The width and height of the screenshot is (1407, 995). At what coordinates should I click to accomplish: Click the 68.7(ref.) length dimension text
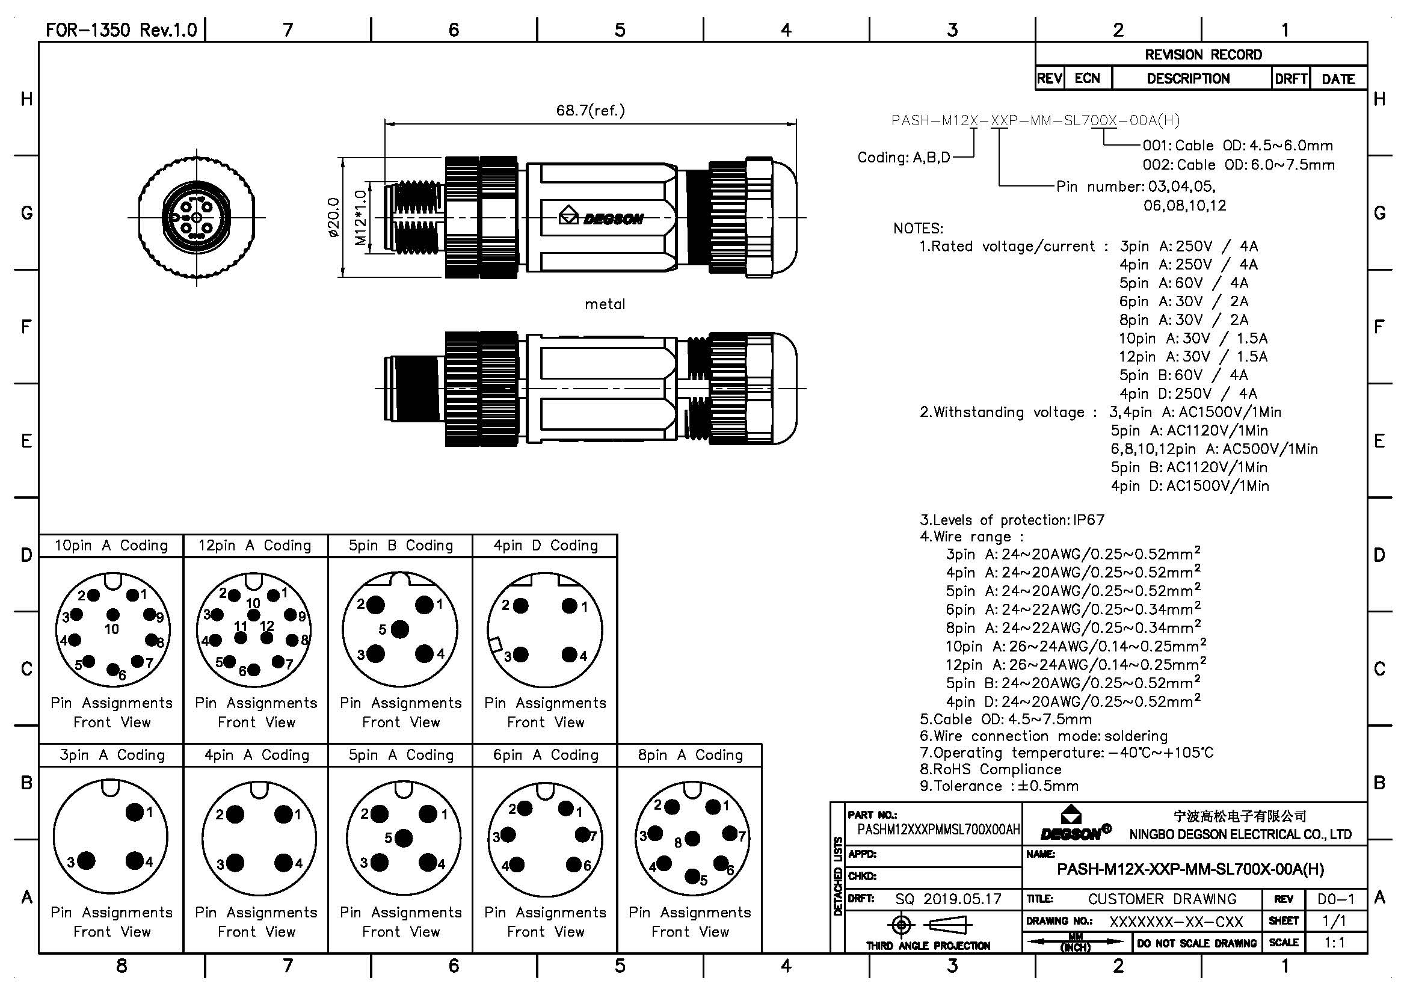click(590, 111)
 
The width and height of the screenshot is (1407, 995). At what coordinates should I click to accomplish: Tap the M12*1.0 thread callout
click(361, 218)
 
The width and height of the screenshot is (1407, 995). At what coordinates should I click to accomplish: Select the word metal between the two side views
click(605, 304)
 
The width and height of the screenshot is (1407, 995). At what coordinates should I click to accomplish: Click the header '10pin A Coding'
click(111, 546)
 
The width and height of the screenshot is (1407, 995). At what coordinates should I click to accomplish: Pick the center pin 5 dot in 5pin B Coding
click(399, 629)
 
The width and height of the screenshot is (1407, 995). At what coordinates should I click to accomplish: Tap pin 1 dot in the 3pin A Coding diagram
click(135, 812)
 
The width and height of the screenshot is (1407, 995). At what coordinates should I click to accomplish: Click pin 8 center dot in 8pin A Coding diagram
click(692, 838)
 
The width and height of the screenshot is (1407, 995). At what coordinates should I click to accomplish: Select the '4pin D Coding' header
click(546, 546)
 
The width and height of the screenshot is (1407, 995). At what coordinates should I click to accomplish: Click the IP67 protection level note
click(1088, 520)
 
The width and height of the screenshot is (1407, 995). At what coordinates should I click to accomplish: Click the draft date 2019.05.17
click(962, 899)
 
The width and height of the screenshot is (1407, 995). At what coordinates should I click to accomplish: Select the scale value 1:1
click(1335, 943)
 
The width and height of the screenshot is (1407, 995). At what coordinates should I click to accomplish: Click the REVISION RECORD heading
click(1203, 55)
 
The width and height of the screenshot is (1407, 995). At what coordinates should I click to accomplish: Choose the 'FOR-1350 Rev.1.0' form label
click(122, 30)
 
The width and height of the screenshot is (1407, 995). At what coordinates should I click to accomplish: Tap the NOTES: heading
click(918, 229)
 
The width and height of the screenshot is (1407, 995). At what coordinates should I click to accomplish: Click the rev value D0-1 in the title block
click(1336, 899)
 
